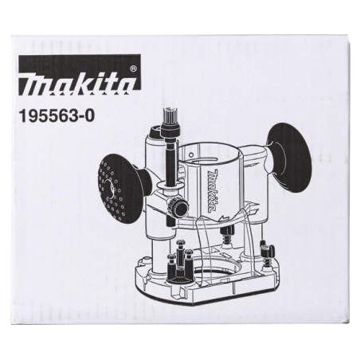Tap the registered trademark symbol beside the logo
click(x=133, y=69)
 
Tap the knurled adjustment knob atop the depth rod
click(x=168, y=122)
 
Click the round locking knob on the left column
click(x=181, y=209)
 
